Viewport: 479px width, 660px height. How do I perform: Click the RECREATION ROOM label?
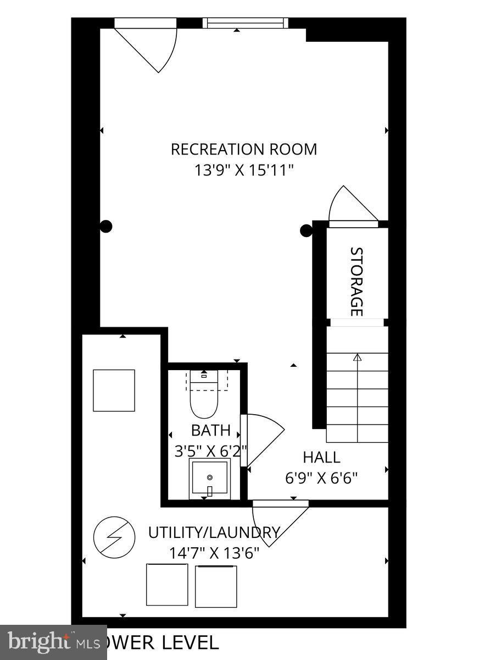(x=244, y=149)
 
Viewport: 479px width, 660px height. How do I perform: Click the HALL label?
(x=321, y=457)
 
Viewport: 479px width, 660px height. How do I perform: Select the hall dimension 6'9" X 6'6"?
(x=321, y=477)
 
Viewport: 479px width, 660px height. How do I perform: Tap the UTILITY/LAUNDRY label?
(x=214, y=532)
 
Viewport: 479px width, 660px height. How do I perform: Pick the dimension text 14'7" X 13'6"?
(x=214, y=552)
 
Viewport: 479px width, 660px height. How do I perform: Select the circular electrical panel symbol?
(x=114, y=537)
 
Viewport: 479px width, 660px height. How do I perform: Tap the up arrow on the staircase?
(x=358, y=358)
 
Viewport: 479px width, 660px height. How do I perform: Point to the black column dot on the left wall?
(x=107, y=226)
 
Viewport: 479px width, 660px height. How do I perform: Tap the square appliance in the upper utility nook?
(x=114, y=391)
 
